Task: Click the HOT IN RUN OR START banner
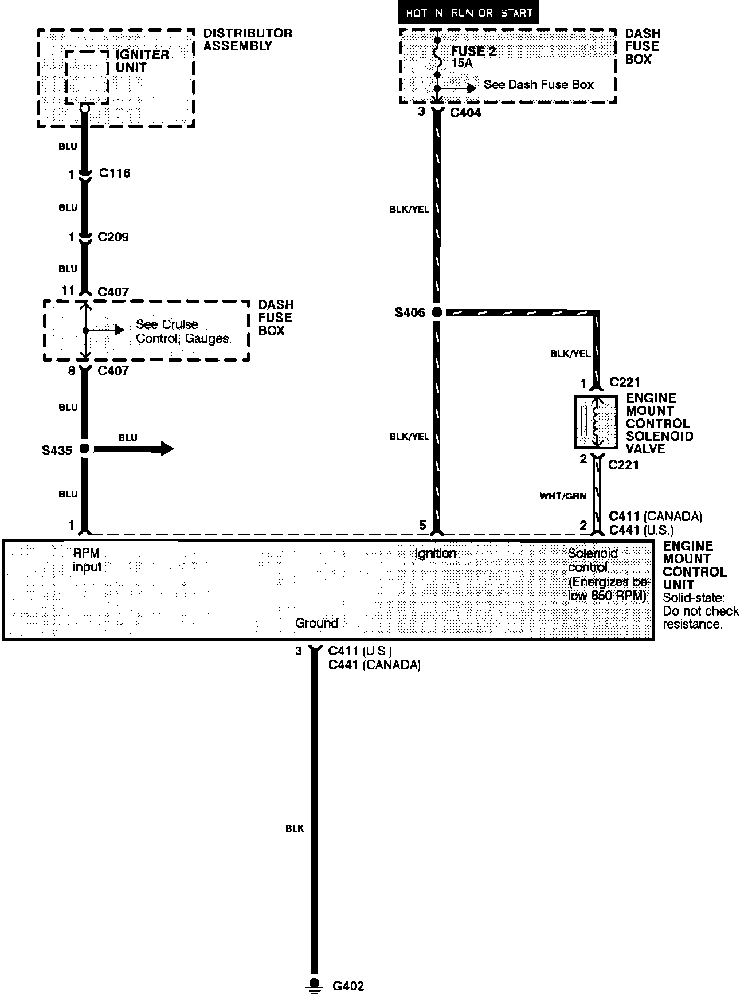468,13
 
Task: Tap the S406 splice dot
437,312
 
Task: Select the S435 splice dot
84,449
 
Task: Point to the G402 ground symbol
314,984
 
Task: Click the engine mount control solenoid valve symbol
596,422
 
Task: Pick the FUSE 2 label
473,51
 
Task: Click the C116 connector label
114,173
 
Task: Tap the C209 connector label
113,237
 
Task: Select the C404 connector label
465,113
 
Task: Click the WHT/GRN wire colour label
563,496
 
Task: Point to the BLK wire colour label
295,828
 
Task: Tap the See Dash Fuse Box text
538,85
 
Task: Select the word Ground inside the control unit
316,623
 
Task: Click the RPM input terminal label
87,560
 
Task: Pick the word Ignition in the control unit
435,553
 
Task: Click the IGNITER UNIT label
142,61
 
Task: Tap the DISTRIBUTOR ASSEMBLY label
248,40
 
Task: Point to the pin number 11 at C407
68,291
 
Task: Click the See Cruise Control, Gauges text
183,331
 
